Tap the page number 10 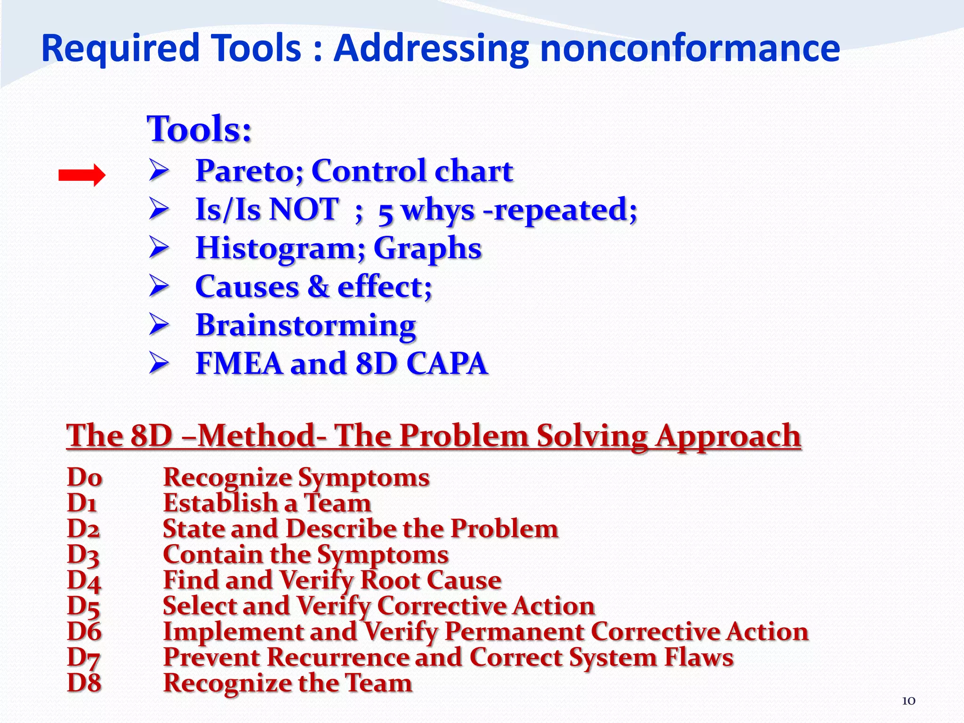908,701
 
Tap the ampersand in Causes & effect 318,287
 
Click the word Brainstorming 305,325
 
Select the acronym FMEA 239,363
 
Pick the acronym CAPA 446,363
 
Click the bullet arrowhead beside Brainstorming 159,325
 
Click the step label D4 84,580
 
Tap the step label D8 84,683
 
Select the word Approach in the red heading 728,436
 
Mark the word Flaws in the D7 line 699,658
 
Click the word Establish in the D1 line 220,503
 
